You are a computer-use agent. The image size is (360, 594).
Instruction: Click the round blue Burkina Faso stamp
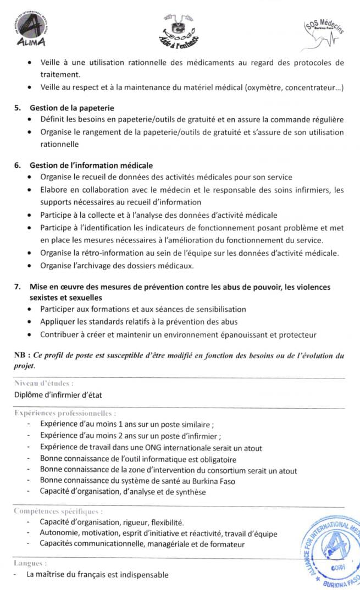tap(331, 552)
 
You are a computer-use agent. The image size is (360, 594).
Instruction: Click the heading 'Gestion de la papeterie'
tap(71, 108)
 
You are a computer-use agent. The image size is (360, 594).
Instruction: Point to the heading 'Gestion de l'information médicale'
tap(91, 165)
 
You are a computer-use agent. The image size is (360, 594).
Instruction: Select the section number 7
tap(18, 287)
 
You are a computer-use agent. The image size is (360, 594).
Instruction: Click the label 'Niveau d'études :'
tap(43, 383)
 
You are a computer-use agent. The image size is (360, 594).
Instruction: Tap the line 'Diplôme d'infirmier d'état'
tap(58, 394)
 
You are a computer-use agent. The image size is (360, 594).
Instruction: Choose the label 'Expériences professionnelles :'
tap(64, 413)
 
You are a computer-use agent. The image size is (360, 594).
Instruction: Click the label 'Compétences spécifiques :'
tap(58, 511)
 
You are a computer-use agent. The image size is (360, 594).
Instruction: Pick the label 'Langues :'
tap(30, 563)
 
